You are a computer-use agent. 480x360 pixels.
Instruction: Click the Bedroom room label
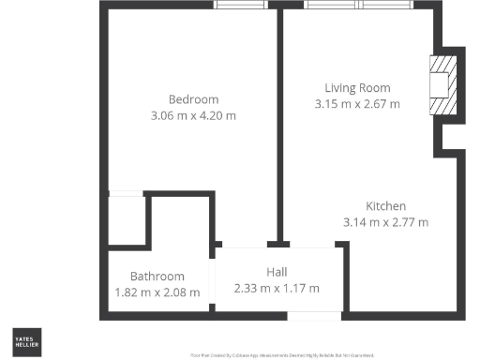click(193, 99)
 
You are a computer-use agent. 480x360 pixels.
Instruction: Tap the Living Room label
click(357, 88)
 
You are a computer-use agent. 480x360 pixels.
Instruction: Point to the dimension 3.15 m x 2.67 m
click(357, 104)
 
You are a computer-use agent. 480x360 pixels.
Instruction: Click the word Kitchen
click(385, 206)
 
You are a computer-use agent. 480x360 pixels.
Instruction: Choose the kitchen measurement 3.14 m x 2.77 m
click(385, 222)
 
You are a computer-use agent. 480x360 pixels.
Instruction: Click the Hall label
click(277, 272)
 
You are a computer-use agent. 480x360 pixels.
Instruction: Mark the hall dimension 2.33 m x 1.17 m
click(277, 288)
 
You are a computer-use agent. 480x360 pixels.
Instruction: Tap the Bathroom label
click(157, 277)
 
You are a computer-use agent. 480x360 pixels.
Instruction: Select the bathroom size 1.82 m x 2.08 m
click(157, 292)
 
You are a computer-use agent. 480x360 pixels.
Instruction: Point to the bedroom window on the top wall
click(240, 6)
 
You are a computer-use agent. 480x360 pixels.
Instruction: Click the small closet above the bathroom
click(125, 220)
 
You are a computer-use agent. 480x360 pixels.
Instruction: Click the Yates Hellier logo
click(25, 340)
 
